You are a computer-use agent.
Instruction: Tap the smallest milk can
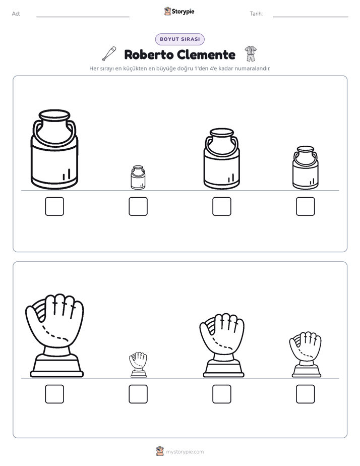click(x=138, y=178)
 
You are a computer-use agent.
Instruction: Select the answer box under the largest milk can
click(x=54, y=206)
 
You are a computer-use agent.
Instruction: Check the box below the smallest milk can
click(x=138, y=206)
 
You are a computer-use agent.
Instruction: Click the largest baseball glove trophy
click(x=54, y=336)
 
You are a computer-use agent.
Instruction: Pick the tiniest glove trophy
click(x=139, y=365)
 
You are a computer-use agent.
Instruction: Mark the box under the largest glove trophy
click(x=54, y=394)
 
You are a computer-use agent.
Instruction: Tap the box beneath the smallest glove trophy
click(x=138, y=394)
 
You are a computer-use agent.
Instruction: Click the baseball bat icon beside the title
click(x=109, y=54)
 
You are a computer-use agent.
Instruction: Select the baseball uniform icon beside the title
click(x=251, y=54)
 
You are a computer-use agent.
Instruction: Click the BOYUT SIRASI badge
click(x=179, y=39)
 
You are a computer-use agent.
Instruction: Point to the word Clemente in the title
click(x=207, y=54)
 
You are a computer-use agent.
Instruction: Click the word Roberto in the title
click(x=148, y=54)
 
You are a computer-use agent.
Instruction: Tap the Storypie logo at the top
click(x=179, y=11)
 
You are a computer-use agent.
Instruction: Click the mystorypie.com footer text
click(x=185, y=452)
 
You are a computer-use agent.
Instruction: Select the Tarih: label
click(x=256, y=14)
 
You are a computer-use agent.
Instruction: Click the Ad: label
click(x=16, y=14)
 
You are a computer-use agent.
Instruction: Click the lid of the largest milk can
click(x=54, y=114)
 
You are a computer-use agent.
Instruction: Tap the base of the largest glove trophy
click(x=57, y=366)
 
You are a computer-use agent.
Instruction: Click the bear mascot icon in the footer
click(x=160, y=451)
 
